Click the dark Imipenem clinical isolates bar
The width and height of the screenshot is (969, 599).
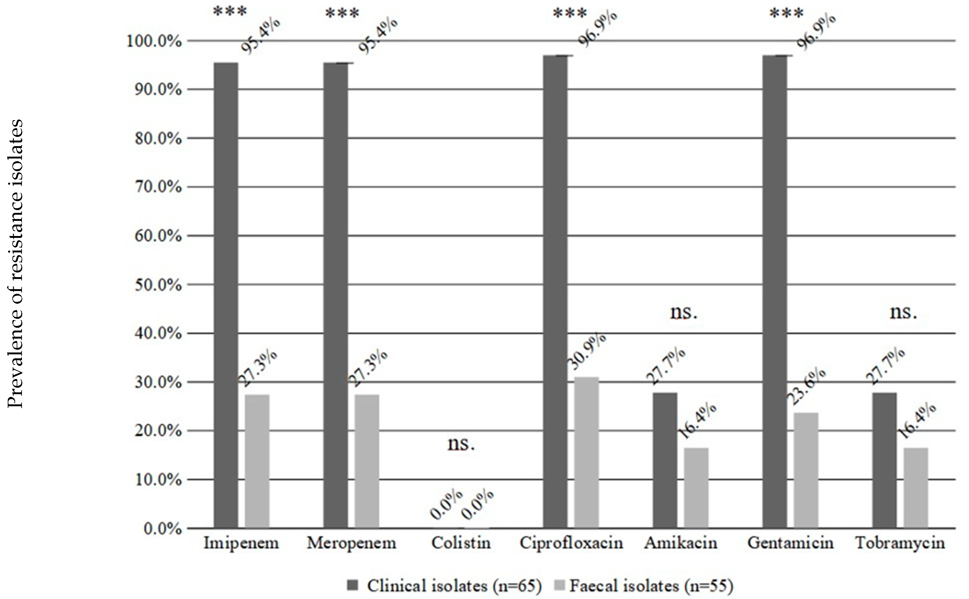226,295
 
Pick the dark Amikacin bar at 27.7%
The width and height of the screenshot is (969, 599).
665,460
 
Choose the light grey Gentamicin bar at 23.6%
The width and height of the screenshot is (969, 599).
806,470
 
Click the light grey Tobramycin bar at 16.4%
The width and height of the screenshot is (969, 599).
916,488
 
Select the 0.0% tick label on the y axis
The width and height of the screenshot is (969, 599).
163,529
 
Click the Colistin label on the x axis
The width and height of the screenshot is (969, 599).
461,543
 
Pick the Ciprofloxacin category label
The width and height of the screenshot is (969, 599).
571,543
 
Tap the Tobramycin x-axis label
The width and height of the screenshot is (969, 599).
900,543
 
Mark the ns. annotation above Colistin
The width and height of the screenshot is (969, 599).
461,444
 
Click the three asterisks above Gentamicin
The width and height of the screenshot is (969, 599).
787,14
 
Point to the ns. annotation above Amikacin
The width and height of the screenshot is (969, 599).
684,313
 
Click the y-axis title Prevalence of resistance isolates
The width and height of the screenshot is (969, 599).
16,264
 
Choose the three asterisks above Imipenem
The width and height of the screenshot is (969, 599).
230,12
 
